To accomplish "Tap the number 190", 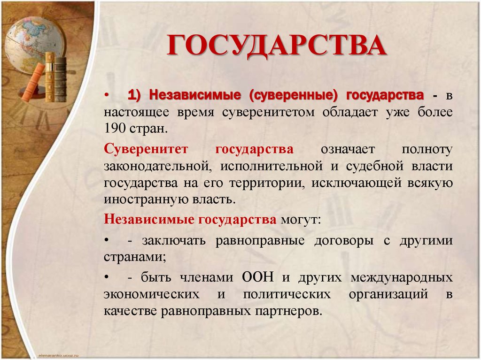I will pyautogui.click(x=115, y=128).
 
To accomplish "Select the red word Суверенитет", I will pyautogui.click(x=146, y=149).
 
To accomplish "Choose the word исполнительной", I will pyautogui.click(x=271, y=166).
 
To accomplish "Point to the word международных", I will pyautogui.click(x=402, y=277).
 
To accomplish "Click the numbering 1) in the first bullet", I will pyautogui.click(x=135, y=95).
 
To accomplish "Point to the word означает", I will pyautogui.click(x=348, y=149).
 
